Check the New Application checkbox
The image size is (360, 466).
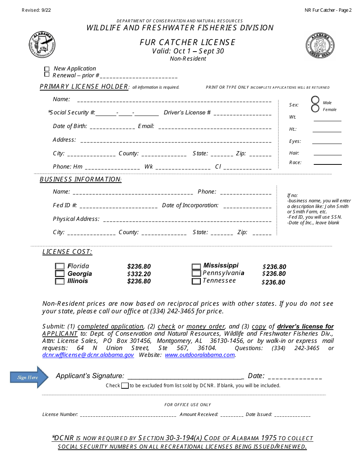47,69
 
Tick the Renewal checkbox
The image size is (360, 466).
47,75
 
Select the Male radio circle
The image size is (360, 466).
315,100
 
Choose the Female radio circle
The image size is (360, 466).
315,109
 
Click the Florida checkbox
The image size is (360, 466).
60,266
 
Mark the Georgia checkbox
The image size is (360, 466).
60,274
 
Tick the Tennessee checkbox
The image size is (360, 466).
196,281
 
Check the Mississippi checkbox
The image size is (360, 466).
196,267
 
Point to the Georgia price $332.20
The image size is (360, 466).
139,274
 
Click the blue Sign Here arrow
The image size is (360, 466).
29,377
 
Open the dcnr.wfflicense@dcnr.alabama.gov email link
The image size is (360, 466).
88,355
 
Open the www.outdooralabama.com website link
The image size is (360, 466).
200,355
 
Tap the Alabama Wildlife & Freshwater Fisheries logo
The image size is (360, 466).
42,45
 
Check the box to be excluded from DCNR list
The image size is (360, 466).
125,386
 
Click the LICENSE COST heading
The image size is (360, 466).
67,252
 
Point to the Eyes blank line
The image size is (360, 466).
327,143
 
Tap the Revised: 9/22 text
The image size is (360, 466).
36,10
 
